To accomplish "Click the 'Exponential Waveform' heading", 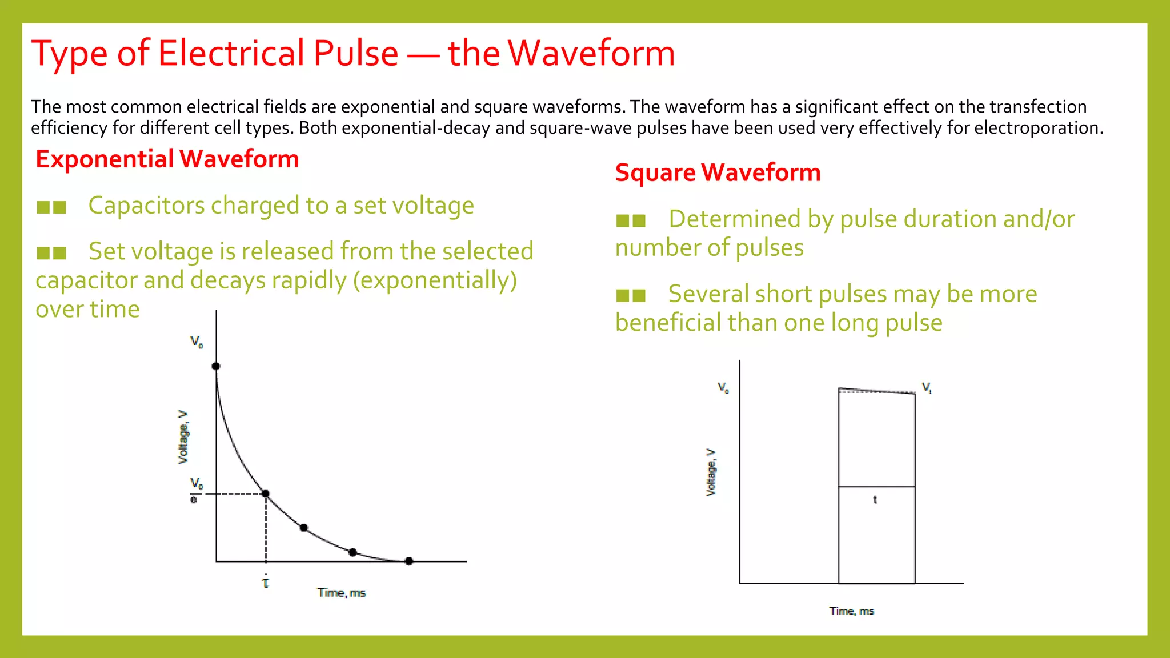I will (x=167, y=159).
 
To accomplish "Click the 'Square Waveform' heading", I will (x=718, y=172).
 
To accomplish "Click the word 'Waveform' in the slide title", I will (x=591, y=53).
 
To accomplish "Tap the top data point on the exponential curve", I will (x=216, y=366).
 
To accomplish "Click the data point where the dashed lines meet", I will (x=266, y=493).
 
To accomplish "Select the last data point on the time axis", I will (x=408, y=561).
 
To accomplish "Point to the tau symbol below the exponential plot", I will (x=266, y=583).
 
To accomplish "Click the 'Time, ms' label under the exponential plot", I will (x=342, y=593).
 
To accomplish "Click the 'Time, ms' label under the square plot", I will (x=851, y=611).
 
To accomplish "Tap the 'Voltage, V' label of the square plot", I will (x=711, y=472).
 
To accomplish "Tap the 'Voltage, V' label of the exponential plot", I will (x=183, y=437).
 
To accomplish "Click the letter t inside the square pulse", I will (x=875, y=500).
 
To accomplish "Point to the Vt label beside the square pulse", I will (x=927, y=387).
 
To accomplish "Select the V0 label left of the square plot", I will (x=723, y=388).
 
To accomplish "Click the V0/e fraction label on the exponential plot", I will (x=195, y=491).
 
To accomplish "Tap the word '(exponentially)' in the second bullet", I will (x=435, y=280).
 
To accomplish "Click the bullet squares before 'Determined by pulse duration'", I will (x=631, y=220).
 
